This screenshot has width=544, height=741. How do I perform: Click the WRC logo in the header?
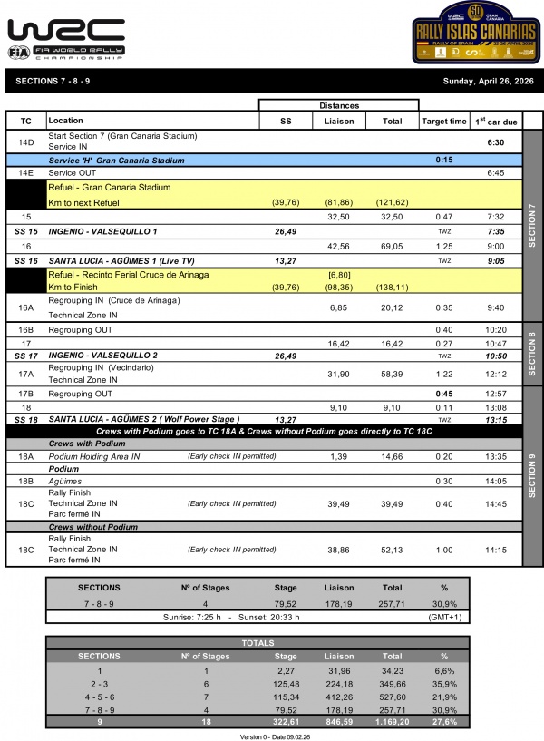[66, 37]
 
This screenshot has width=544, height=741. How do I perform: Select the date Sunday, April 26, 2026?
[488, 82]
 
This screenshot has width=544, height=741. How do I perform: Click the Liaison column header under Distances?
[338, 121]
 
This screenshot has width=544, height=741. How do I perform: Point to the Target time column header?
[444, 121]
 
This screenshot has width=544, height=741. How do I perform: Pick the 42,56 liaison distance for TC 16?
[338, 246]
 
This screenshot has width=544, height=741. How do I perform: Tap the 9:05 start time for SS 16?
[495, 260]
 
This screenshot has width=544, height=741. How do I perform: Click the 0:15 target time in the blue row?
[444, 160]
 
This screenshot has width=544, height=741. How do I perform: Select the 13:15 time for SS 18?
[495, 420]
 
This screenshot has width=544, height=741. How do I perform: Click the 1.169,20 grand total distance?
[392, 723]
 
